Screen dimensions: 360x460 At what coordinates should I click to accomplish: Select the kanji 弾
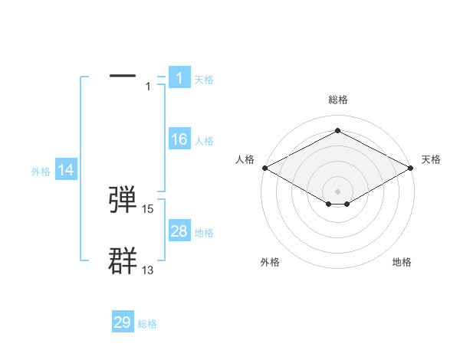click(123, 200)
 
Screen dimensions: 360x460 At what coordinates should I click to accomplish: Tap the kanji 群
click(123, 261)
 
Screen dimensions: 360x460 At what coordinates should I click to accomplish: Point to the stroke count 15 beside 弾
click(148, 209)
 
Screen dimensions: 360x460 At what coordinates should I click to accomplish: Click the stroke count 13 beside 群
click(148, 270)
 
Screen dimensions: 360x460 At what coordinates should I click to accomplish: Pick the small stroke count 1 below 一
click(148, 87)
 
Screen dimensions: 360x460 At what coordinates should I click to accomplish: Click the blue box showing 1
click(179, 78)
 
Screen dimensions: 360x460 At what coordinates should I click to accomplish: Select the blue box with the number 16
click(179, 139)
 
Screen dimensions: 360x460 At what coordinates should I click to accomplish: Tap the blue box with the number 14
click(66, 171)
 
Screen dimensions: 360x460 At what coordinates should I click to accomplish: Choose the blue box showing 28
click(179, 231)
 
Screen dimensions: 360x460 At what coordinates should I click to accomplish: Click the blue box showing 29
click(123, 322)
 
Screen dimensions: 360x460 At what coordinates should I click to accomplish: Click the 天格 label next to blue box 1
click(204, 80)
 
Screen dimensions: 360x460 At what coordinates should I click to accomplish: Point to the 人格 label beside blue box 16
click(204, 141)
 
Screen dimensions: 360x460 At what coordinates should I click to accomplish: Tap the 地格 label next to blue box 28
click(204, 233)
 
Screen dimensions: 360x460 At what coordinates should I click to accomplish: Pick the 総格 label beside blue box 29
click(147, 324)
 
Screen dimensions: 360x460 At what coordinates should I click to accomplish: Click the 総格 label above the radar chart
click(337, 100)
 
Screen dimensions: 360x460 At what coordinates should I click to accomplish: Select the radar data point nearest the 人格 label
click(264, 168)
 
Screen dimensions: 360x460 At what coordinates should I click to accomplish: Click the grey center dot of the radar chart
click(337, 191)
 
